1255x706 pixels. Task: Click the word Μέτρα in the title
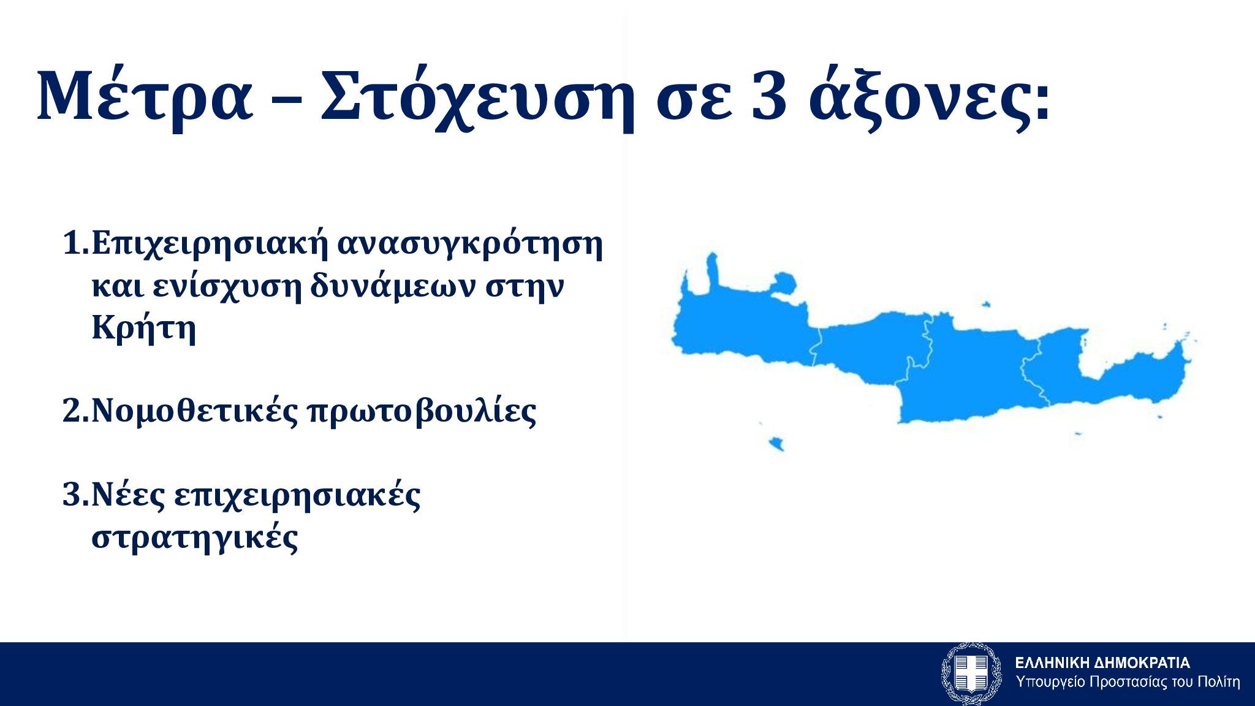point(145,96)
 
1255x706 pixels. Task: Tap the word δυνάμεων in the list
point(392,285)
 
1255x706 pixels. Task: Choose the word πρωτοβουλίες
point(422,411)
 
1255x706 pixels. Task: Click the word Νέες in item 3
point(128,495)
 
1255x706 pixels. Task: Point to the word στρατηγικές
point(195,537)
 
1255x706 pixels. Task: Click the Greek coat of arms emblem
point(971,674)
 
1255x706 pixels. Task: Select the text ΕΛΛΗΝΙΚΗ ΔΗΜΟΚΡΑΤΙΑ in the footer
point(1102,662)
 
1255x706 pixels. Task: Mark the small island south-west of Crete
point(776,443)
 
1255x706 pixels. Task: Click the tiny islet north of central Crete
point(986,304)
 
